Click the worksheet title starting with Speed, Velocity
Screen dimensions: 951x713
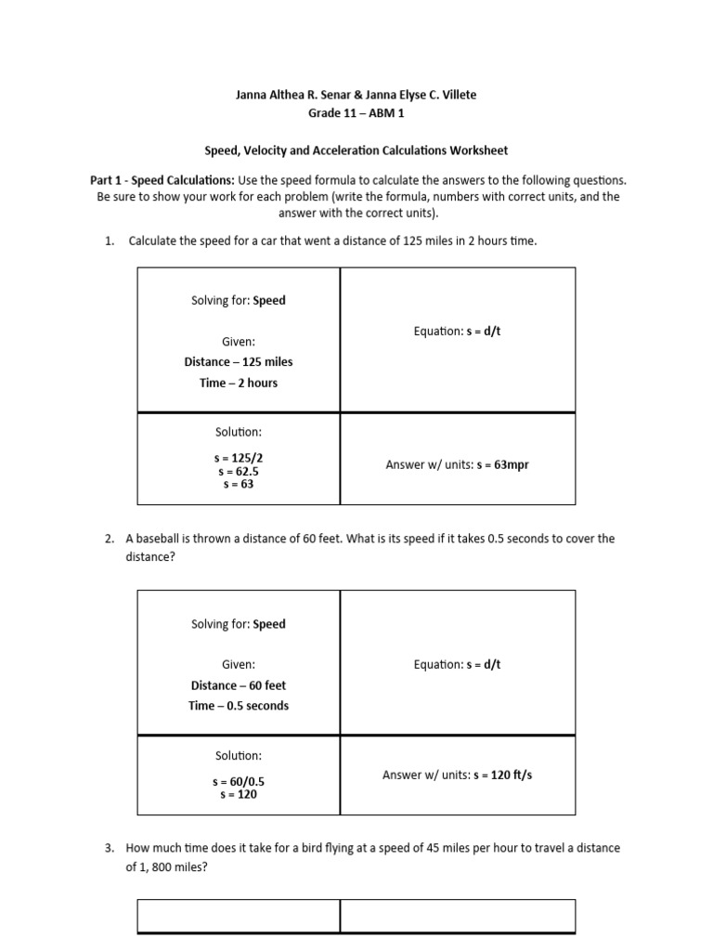(356, 150)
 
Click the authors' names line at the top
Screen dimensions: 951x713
(356, 96)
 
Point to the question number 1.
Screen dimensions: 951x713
(109, 241)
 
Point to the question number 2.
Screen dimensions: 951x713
(109, 539)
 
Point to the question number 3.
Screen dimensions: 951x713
(109, 848)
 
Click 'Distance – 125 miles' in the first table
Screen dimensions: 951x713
(238, 362)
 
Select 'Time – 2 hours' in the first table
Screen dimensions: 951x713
(238, 383)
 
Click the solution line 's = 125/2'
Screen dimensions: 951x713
(238, 458)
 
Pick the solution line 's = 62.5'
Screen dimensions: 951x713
(238, 471)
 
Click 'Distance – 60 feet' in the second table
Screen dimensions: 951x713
(238, 685)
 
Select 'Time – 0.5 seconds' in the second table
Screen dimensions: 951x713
(238, 706)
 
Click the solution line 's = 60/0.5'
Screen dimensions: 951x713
(238, 781)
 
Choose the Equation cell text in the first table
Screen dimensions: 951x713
(457, 331)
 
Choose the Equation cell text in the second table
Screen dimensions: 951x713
(457, 664)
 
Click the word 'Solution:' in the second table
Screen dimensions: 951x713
(238, 756)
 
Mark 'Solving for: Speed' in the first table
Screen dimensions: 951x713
(238, 301)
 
